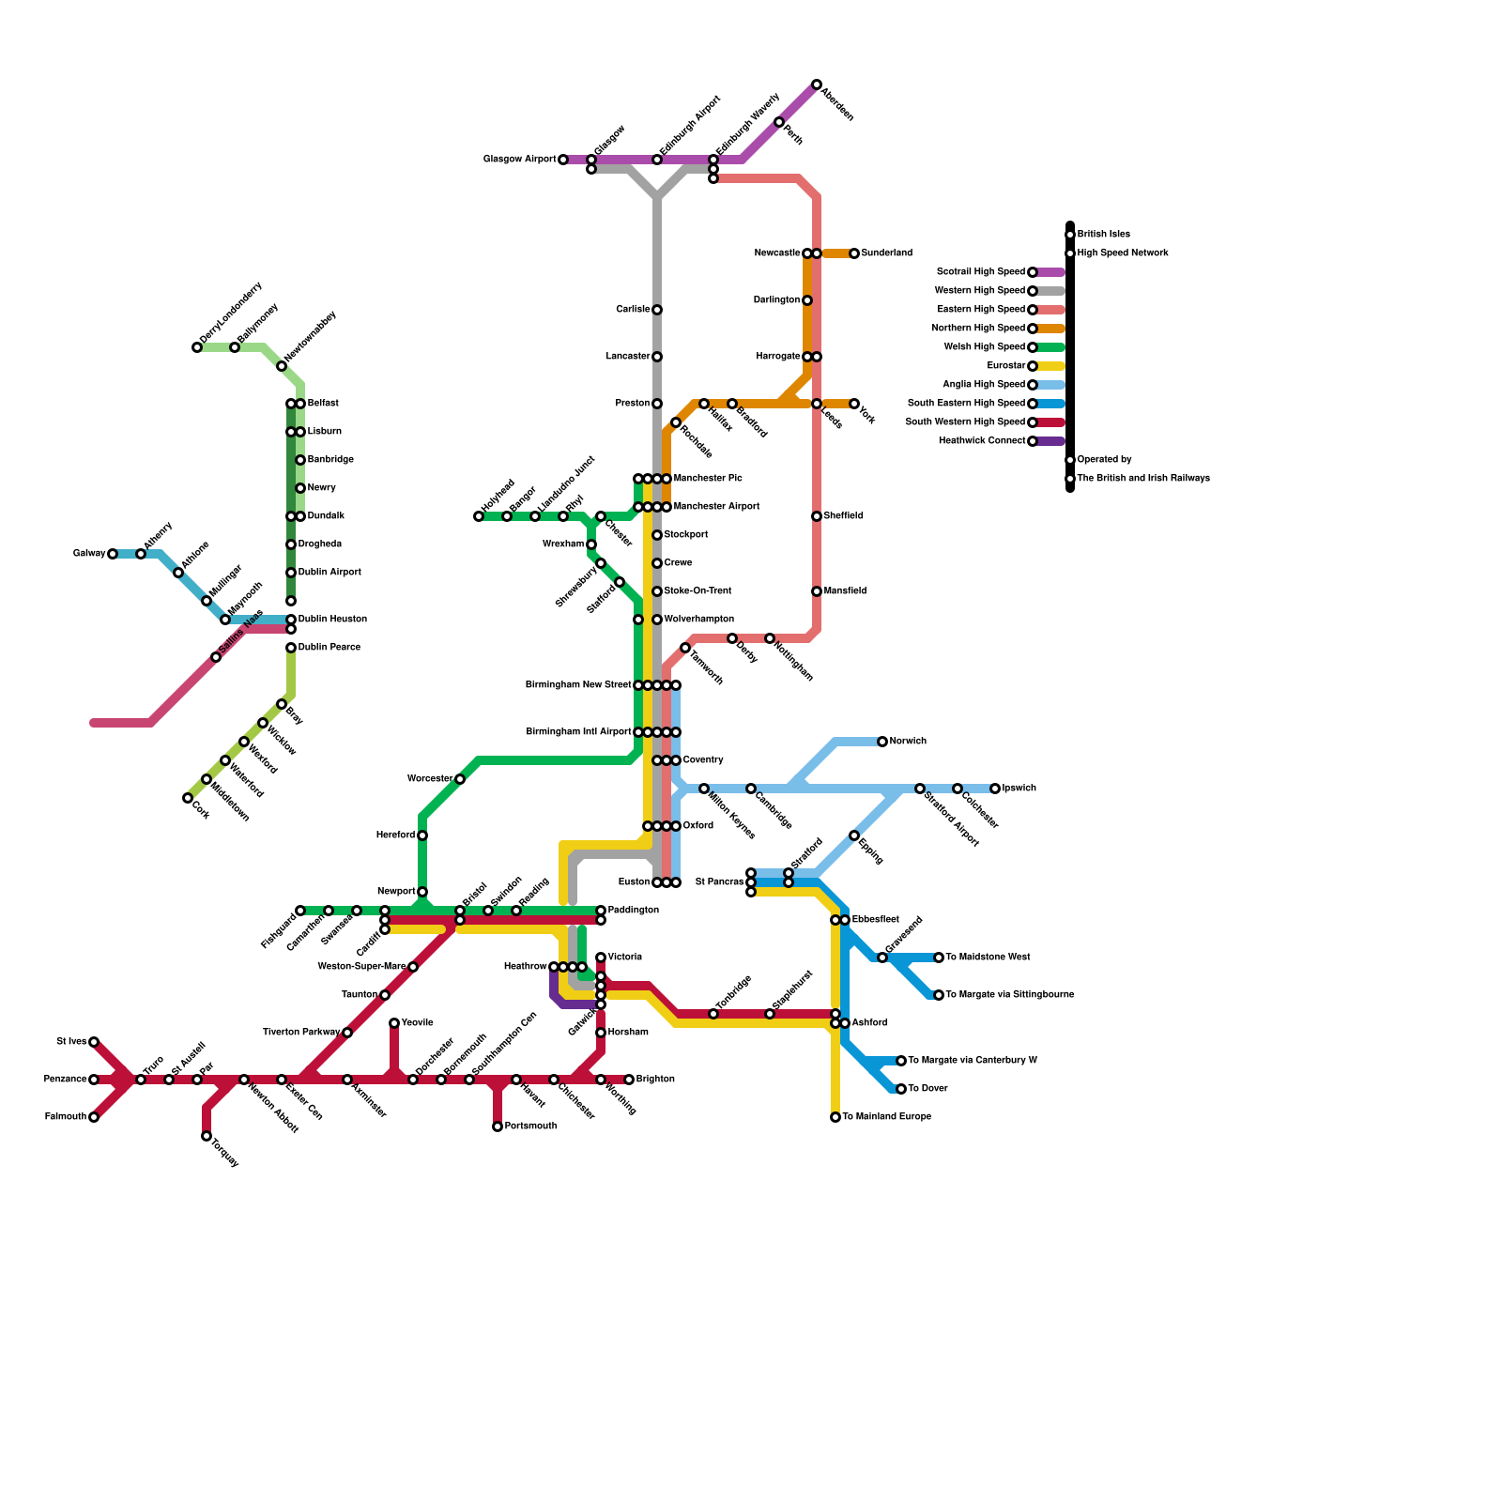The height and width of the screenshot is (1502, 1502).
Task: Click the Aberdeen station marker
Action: click(x=817, y=84)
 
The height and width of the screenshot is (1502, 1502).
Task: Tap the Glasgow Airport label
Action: click(x=519, y=160)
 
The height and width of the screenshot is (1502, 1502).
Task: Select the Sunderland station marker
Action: click(x=854, y=253)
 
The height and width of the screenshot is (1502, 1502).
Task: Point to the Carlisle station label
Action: click(x=633, y=310)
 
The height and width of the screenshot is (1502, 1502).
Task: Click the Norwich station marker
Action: click(x=882, y=742)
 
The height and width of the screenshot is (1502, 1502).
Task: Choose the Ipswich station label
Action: click(x=1019, y=789)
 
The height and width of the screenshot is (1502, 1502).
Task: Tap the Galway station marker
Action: click(x=113, y=554)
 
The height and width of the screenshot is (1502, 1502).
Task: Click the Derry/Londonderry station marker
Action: click(x=197, y=347)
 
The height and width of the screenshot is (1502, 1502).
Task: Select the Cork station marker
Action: click(x=188, y=798)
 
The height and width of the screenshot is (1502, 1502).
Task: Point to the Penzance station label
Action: click(x=65, y=1080)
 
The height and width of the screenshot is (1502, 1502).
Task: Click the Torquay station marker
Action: click(x=207, y=1136)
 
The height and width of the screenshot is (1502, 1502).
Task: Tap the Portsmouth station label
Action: click(x=530, y=1126)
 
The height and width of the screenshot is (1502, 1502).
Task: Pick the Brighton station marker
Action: click(x=629, y=1080)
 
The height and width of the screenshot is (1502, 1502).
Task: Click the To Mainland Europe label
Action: click(x=886, y=1117)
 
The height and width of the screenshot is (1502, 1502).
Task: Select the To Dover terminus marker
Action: click(x=901, y=1089)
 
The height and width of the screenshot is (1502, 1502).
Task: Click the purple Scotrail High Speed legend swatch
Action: click(x=1051, y=272)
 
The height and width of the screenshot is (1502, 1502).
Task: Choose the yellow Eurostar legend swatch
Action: click(x=1051, y=366)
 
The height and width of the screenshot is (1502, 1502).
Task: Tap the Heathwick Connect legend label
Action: click(x=982, y=441)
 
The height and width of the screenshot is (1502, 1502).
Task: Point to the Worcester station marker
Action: click(x=460, y=779)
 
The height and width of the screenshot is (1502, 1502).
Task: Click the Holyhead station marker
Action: click(x=479, y=516)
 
